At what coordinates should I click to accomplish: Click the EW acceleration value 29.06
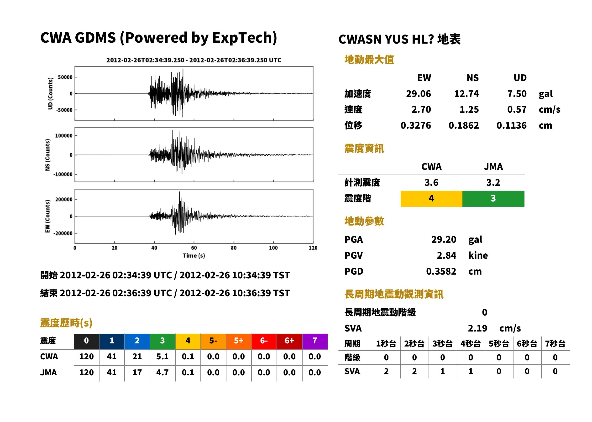click(x=418, y=94)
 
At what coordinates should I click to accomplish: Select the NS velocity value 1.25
click(x=469, y=109)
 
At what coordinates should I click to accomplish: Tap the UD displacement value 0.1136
click(x=512, y=125)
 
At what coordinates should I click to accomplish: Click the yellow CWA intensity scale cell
click(x=431, y=199)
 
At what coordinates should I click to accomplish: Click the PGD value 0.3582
click(x=441, y=271)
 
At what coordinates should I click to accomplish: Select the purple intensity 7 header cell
click(x=315, y=340)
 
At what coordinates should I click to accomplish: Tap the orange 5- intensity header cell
click(x=213, y=340)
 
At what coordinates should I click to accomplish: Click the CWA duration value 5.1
click(x=162, y=357)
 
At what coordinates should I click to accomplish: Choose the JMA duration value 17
click(x=137, y=372)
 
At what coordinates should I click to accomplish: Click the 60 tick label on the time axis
click(x=194, y=248)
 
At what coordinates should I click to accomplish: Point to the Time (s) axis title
click(x=194, y=256)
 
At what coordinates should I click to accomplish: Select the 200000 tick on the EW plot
click(x=64, y=199)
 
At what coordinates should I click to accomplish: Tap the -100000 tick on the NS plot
click(x=63, y=174)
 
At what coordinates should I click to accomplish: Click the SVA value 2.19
click(x=477, y=328)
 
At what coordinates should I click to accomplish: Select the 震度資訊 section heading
click(x=364, y=149)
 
